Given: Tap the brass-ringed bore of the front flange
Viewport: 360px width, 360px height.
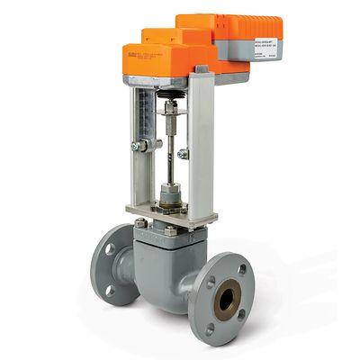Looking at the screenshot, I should coord(226,301).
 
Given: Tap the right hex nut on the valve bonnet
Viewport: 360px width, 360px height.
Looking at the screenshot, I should coord(171,230).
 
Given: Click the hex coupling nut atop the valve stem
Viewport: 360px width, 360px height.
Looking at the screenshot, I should coord(169,107).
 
